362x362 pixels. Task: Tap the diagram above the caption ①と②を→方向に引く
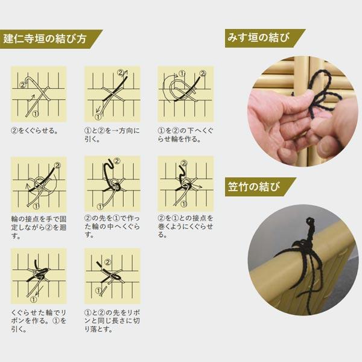coord(112,94)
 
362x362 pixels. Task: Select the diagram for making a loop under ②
coord(185,94)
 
